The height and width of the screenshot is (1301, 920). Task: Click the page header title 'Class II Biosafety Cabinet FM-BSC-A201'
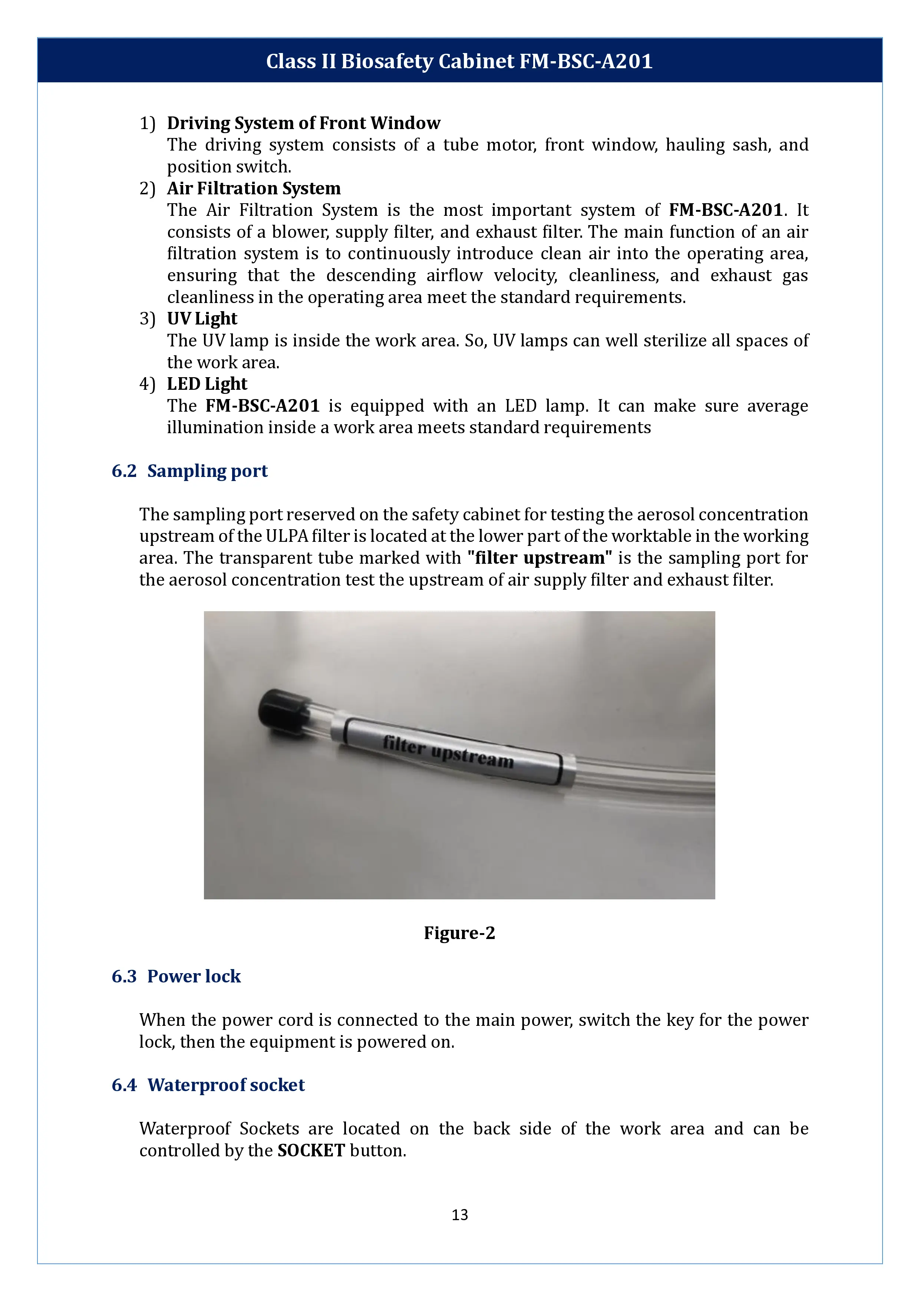[x=459, y=61]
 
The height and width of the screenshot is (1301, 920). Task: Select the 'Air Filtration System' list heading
[x=253, y=188]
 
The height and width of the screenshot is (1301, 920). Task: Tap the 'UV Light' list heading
[x=202, y=319]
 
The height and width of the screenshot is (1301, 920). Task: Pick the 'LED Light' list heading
[x=207, y=383]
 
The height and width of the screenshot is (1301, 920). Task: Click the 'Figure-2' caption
[x=459, y=933]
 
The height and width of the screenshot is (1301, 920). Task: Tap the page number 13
[x=459, y=1214]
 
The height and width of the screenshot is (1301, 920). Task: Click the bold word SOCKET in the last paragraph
[x=311, y=1150]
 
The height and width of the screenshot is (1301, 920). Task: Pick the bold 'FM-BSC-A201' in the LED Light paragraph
[x=262, y=406]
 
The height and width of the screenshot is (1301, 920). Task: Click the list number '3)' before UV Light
[x=147, y=319]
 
